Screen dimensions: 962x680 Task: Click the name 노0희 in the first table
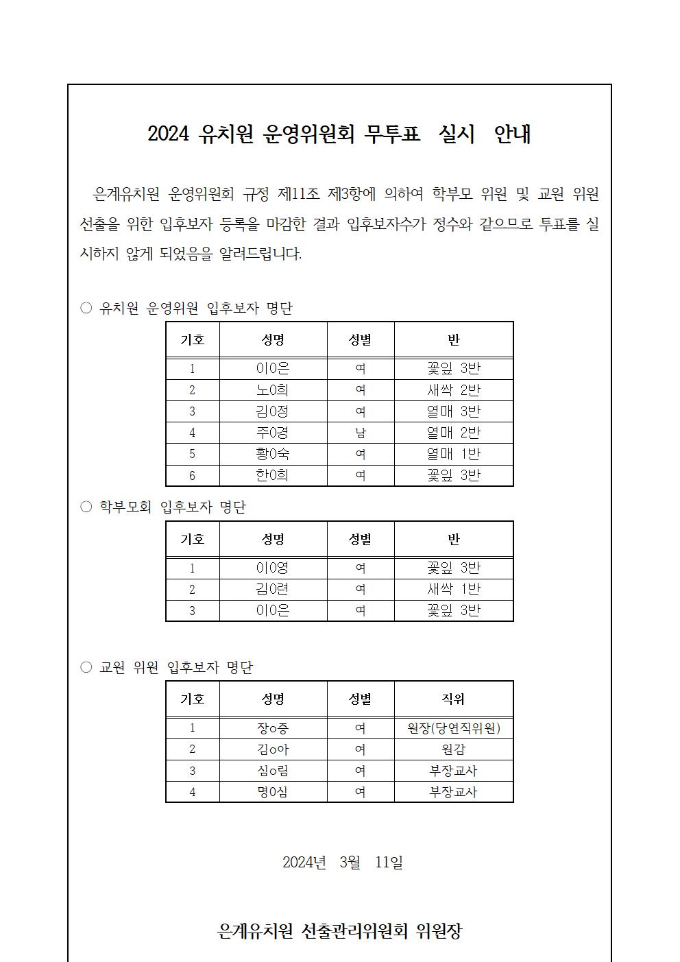click(x=273, y=390)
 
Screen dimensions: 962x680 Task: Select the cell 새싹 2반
click(x=453, y=390)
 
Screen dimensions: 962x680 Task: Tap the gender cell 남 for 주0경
click(x=360, y=433)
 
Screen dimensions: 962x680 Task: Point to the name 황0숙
click(x=273, y=454)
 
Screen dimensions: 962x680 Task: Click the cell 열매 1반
click(x=453, y=454)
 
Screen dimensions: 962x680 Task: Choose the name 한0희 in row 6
click(x=273, y=475)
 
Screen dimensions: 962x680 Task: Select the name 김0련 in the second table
click(x=273, y=589)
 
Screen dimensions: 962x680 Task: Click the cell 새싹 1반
click(x=453, y=589)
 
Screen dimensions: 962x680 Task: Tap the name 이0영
click(x=273, y=568)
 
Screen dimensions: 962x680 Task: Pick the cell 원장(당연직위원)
click(x=453, y=728)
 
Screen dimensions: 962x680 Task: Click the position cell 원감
click(x=453, y=749)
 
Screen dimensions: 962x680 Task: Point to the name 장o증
click(x=273, y=728)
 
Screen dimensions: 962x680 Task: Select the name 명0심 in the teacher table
click(x=273, y=792)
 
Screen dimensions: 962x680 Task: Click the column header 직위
click(x=453, y=699)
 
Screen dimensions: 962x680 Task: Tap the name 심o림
click(x=273, y=771)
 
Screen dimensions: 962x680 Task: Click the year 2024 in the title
click(x=168, y=134)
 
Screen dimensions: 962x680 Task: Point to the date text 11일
click(x=389, y=862)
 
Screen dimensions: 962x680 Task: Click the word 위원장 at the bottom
click(x=439, y=931)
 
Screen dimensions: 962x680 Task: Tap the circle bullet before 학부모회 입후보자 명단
click(x=86, y=507)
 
